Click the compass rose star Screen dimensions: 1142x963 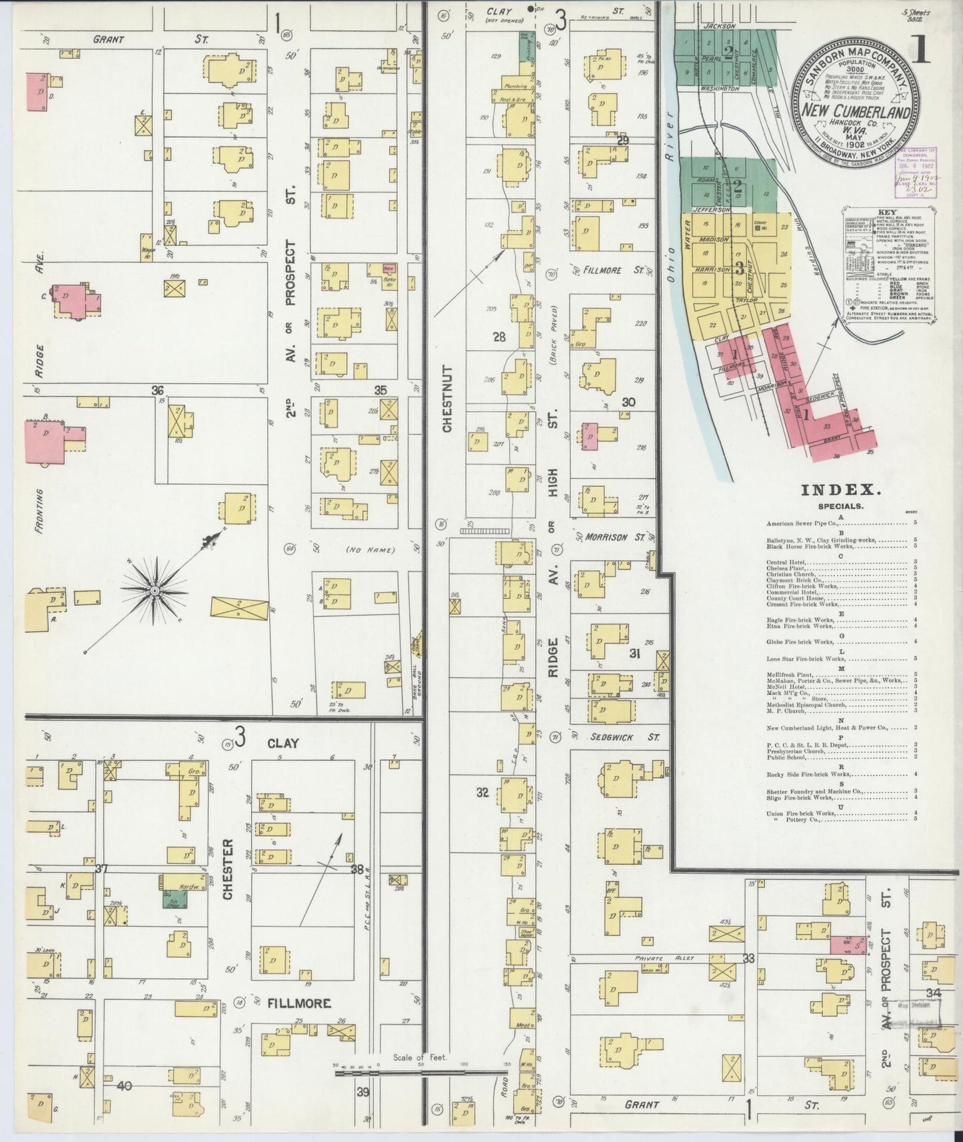pos(155,590)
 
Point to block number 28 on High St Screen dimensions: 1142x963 pos(499,337)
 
